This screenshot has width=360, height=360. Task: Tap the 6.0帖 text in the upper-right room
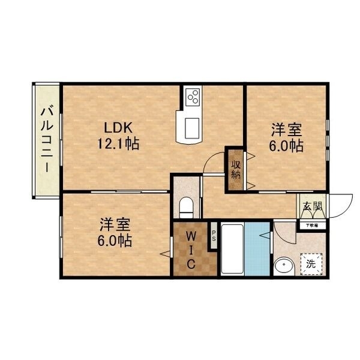point(286,145)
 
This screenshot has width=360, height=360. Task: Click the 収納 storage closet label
point(235,169)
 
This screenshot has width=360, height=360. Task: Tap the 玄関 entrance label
point(312,208)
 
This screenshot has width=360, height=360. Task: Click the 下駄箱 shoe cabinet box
point(312,225)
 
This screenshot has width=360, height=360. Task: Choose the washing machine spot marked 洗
point(311,262)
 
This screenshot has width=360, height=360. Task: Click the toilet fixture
point(186,208)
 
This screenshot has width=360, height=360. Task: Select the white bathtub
point(232,249)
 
